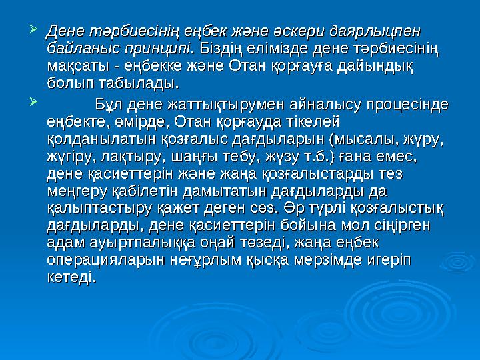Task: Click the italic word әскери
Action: coord(289,32)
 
